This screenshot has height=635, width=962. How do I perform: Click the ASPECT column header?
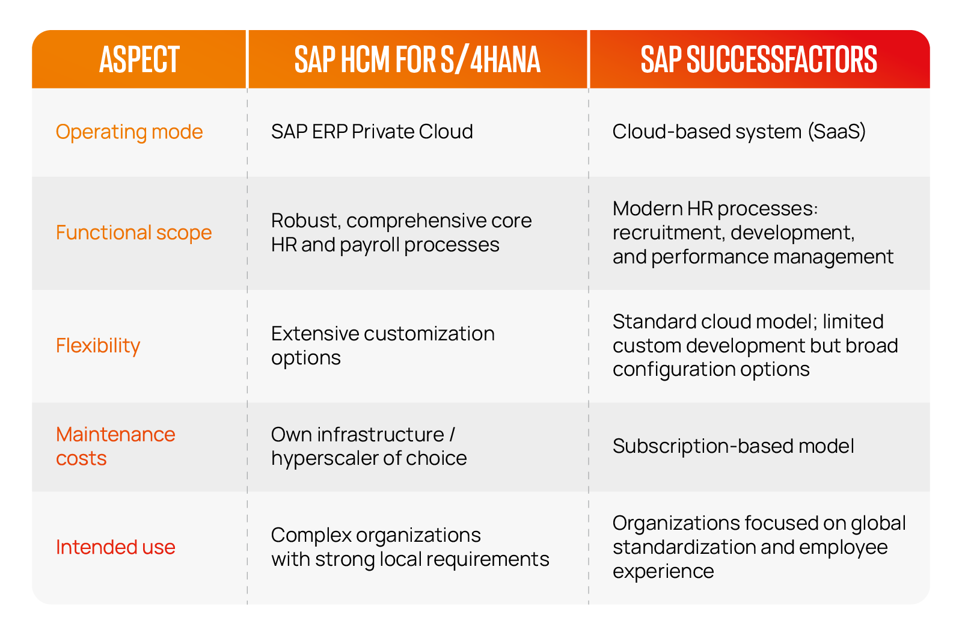click(139, 60)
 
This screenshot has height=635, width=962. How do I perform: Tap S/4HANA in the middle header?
click(490, 60)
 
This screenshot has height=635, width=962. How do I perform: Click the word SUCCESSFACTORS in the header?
click(781, 60)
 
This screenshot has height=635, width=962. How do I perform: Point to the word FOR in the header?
click(415, 60)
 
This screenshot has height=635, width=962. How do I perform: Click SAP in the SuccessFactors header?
click(661, 60)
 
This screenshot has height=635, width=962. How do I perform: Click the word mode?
click(177, 132)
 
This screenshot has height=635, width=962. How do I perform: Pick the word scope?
click(184, 233)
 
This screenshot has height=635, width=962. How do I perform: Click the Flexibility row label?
click(98, 346)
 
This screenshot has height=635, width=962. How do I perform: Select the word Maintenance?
click(115, 434)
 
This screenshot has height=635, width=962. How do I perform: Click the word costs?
click(81, 459)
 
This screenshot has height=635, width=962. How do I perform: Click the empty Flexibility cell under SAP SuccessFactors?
click(759, 346)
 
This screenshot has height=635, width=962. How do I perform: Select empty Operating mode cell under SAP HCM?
click(417, 132)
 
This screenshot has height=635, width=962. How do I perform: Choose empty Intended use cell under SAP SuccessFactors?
click(759, 547)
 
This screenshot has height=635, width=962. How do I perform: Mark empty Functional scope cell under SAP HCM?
click(417, 233)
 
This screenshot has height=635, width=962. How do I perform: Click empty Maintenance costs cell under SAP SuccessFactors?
click(759, 446)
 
